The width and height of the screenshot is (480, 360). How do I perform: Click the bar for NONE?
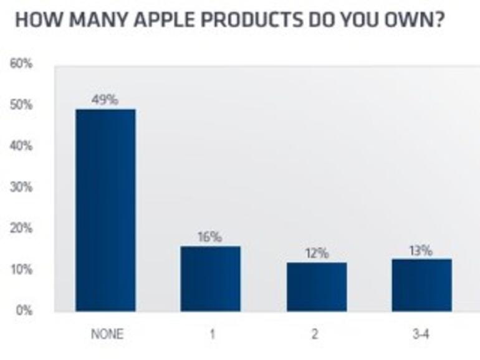pos(105,210)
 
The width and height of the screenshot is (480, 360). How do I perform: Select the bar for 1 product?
pos(211,278)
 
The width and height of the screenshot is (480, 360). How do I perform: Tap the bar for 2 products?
pos(317,287)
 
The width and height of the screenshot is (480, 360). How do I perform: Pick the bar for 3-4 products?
pos(421,285)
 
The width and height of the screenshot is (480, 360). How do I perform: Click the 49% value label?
pos(105,100)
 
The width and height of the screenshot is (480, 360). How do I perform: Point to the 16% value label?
pos(210,237)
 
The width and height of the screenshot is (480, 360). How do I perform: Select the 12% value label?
pos(317,253)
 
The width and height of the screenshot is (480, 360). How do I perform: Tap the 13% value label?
pos(421,250)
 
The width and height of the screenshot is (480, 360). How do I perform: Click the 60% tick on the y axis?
pos(21,64)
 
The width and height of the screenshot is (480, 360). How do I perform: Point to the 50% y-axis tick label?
pos(21,105)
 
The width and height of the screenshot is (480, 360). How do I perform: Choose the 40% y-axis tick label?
pos(21,146)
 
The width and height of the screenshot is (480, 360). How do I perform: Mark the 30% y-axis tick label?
pos(21,187)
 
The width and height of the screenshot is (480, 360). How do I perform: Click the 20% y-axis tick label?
pos(21,229)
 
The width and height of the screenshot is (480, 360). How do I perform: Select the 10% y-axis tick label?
pos(21,270)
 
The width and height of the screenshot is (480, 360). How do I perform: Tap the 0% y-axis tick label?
pos(24,311)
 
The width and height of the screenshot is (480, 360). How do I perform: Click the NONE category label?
pos(107,334)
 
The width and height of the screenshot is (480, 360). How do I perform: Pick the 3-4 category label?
pos(421,334)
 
